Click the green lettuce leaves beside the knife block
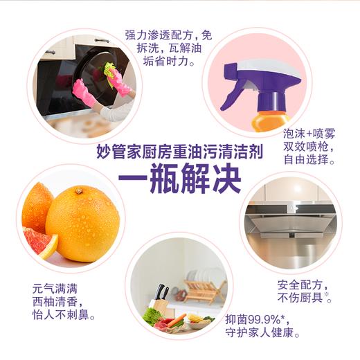coord(152,316)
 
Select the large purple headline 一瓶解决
coord(180,179)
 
